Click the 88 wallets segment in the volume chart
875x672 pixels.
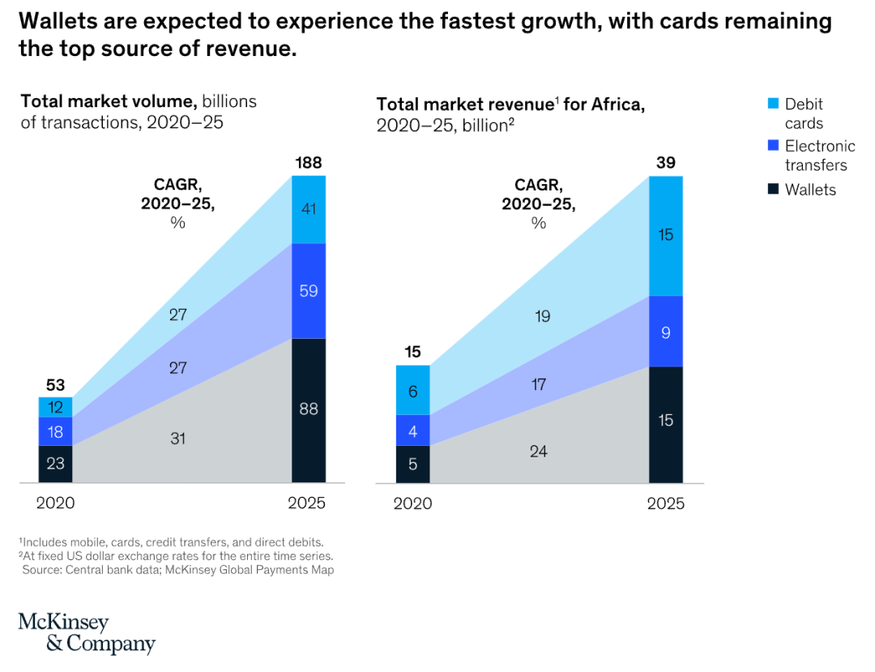pos(308,409)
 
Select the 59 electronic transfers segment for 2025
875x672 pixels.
pos(308,290)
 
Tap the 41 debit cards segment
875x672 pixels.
pos(308,209)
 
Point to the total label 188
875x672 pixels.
pos(308,164)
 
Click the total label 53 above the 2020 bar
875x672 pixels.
pos(55,384)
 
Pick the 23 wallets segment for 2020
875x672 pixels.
pos(55,464)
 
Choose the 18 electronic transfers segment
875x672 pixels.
pos(55,431)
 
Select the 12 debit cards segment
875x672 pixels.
pos(55,407)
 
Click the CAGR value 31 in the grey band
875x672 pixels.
pos(179,439)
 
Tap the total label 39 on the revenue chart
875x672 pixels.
pos(665,164)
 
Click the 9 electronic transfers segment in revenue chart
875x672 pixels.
pos(665,332)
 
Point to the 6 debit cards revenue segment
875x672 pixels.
pos(412,391)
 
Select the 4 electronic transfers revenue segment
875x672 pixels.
pos(412,430)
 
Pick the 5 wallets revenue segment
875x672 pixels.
pos(412,464)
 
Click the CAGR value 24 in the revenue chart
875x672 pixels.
pos(538,451)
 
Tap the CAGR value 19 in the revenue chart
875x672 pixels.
pos(542,316)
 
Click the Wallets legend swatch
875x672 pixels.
pos(772,190)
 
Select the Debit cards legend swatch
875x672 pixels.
pos(772,104)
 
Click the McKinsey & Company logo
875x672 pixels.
pos(87,633)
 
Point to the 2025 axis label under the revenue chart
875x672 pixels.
pos(665,503)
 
